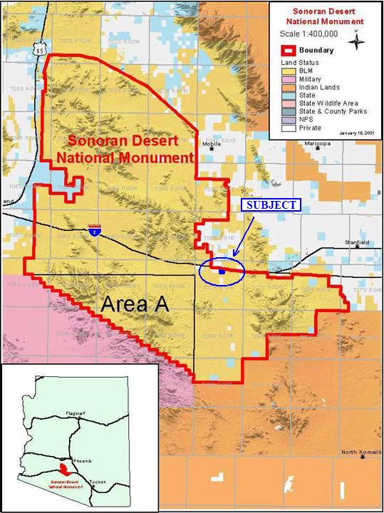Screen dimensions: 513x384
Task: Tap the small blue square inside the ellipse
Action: tap(222, 271)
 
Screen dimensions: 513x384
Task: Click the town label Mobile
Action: tap(212, 144)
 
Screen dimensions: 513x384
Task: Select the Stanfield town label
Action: tap(356, 242)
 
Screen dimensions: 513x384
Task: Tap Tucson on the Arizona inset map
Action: tap(98, 482)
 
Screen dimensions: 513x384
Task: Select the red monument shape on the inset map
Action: tap(65, 470)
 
